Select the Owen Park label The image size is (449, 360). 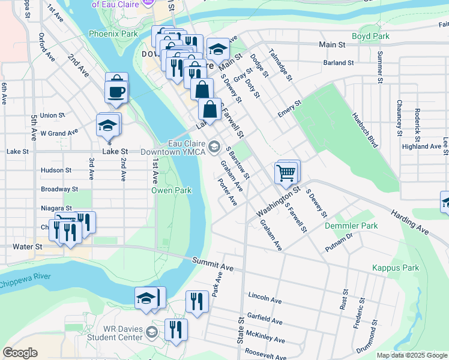[x=171, y=190]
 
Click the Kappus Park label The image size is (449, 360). [x=395, y=268]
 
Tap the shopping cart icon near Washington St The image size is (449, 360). [x=287, y=173]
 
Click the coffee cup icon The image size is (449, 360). [x=116, y=92]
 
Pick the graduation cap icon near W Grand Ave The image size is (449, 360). [x=107, y=126]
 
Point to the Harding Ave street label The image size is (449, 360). [x=409, y=221]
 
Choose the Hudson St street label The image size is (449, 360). [x=56, y=170]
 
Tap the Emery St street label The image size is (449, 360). [x=289, y=113]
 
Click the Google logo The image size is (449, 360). [x=20, y=353]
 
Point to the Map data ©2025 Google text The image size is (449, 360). [x=411, y=355]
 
